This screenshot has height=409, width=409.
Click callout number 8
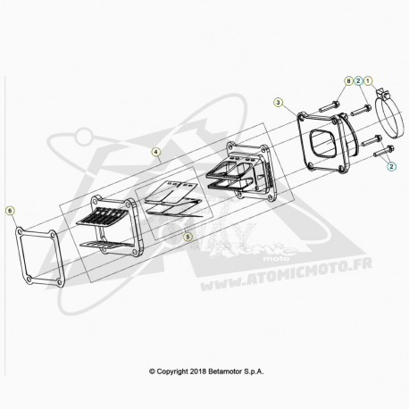[x=348, y=80]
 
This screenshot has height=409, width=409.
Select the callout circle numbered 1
[x=368, y=80]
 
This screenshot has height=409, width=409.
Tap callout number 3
[x=278, y=103]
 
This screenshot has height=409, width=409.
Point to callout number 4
[x=155, y=152]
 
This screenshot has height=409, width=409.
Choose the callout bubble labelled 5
[x=188, y=237]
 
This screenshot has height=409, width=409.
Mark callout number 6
[x=10, y=211]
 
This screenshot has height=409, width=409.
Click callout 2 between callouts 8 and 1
[x=358, y=80]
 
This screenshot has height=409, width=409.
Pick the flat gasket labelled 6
[x=21, y=256]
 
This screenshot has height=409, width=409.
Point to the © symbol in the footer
[x=152, y=371]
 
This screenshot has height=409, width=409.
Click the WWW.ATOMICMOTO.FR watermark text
[x=286, y=274]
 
